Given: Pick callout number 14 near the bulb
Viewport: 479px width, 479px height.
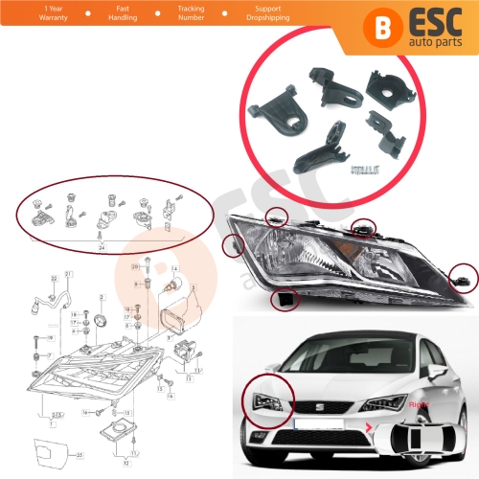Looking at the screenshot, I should pyautogui.click(x=175, y=270).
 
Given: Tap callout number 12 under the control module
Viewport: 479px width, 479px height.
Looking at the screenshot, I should pyautogui.click(x=125, y=463).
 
